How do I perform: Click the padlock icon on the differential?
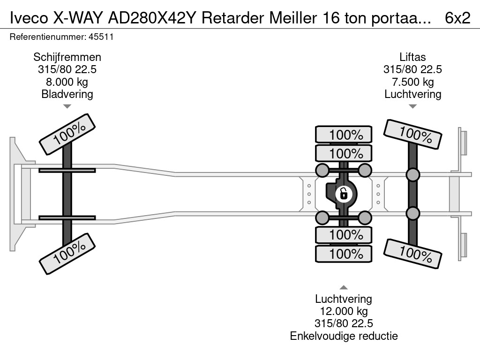[344, 194]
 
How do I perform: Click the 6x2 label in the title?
[457, 18]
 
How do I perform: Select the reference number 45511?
[101, 37]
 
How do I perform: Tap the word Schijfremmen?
[67, 57]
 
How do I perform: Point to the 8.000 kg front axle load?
[67, 82]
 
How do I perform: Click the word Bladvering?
[67, 94]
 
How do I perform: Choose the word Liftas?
[412, 57]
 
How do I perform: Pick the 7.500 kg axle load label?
[412, 82]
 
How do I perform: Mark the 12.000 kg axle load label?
[344, 311]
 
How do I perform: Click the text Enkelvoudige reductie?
[344, 336]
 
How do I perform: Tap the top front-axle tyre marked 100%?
[67, 134]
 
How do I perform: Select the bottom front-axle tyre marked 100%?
[67, 254]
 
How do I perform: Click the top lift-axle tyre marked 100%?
[412, 135]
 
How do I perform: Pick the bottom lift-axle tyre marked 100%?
[412, 254]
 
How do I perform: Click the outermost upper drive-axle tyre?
[344, 135]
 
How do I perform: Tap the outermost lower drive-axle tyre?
[344, 254]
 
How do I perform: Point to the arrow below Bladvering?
[67, 106]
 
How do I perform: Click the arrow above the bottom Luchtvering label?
[344, 287]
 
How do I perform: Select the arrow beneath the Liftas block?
[412, 106]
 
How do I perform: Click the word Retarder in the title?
[233, 18]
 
